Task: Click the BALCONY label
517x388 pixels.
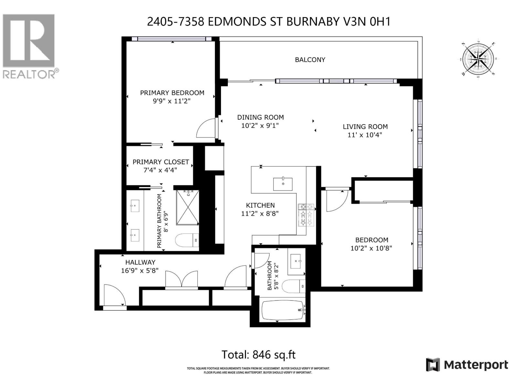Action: click(x=310, y=60)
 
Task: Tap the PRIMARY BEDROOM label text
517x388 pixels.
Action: click(x=172, y=93)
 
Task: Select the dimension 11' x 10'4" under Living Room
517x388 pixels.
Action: click(x=365, y=135)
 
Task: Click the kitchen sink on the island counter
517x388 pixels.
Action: click(x=283, y=184)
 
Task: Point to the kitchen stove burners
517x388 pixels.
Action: click(x=306, y=215)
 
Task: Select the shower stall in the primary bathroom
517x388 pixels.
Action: click(x=187, y=208)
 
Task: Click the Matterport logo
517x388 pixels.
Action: click(x=467, y=365)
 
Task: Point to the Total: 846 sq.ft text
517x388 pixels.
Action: click(x=258, y=355)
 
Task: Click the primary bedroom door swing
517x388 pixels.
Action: click(x=206, y=129)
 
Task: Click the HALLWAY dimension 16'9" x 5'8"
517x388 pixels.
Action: click(x=140, y=271)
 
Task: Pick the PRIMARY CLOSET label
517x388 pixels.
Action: click(x=161, y=162)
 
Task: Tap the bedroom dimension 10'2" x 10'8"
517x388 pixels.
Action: click(x=371, y=248)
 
